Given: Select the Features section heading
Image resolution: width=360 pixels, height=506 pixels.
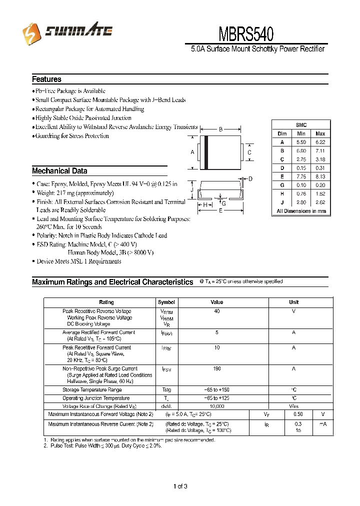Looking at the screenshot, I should coord(46,79).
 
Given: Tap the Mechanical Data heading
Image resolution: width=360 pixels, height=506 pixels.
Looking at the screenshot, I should coord(59,170).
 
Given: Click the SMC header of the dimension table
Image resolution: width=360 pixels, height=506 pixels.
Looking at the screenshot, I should coord(301,125).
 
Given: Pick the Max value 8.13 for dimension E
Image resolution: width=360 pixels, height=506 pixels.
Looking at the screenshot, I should coord(320,176).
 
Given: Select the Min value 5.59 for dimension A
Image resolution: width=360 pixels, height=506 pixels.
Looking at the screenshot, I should coord(301,142).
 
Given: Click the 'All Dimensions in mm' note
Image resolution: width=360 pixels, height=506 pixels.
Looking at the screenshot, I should coord(301,211).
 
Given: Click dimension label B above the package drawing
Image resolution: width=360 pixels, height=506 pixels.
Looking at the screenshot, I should coord(220,130).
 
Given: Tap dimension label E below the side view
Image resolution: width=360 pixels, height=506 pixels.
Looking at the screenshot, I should coord(220,211).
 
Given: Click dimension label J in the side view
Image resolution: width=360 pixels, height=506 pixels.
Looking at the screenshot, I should coord(191,189).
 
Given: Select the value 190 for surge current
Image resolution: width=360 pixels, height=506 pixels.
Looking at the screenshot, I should coord(217,368).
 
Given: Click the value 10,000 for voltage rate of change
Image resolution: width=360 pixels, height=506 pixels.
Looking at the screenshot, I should coord(217,406).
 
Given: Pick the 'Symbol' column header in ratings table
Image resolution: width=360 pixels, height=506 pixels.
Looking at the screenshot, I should coord(166,302).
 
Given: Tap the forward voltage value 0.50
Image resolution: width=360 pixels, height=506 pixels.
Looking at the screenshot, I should coord(298,414).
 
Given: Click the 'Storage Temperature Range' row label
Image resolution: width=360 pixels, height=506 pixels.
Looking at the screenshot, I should coord(92,389).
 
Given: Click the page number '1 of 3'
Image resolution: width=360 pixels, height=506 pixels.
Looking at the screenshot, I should coord(179,486).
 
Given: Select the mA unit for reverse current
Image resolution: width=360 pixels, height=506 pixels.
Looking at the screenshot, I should coord(323,423).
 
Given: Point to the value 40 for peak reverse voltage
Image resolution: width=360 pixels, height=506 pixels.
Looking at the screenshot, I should coord(217,311).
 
